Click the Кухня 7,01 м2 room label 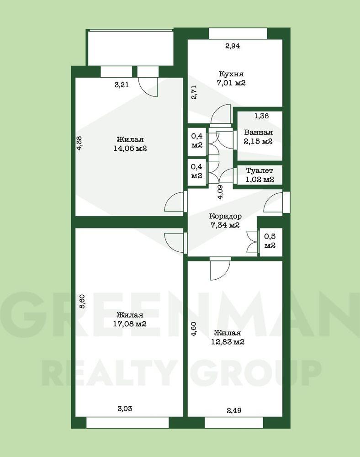tap(231, 79)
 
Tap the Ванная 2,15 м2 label tap(258, 137)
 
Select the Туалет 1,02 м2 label tap(260, 175)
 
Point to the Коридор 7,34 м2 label tap(225, 221)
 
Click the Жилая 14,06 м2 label tap(130, 143)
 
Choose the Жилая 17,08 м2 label tap(130, 319)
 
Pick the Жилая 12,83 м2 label tap(228, 337)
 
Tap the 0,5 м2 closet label tap(270, 241)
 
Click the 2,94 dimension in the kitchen tap(233, 46)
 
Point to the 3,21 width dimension tap(122, 85)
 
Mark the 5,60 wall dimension tap(82, 301)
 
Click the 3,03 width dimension tap(125, 409)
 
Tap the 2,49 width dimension tap(234, 410)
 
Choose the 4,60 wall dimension tap(194, 329)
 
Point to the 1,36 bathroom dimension tap(262, 116)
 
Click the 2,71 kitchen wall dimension tap(194, 92)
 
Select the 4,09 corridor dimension tap(221, 192)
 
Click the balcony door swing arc tap(145, 89)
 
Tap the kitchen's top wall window tap(238, 33)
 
